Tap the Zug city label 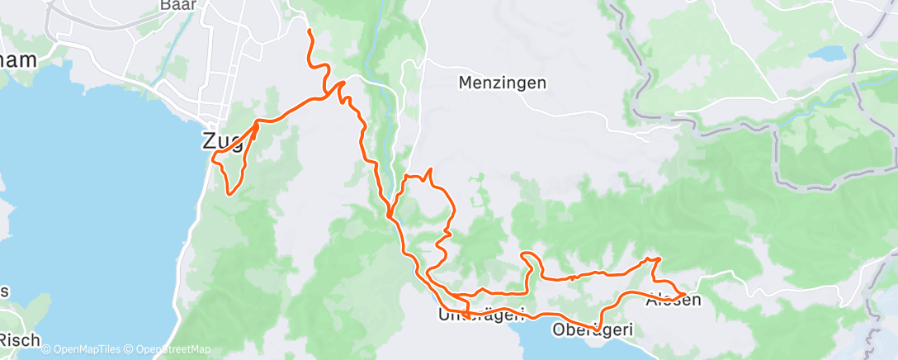click(222, 141)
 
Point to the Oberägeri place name click(593, 329)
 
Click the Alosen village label click(674, 300)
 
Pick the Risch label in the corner click(18, 339)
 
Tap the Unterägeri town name click(482, 315)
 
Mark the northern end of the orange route click(310, 31)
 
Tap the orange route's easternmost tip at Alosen click(686, 294)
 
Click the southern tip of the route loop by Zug click(229, 193)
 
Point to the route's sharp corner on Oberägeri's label click(598, 329)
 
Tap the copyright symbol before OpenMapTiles click(46, 349)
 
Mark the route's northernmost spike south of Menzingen click(429, 169)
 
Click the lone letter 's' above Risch click(4, 291)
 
